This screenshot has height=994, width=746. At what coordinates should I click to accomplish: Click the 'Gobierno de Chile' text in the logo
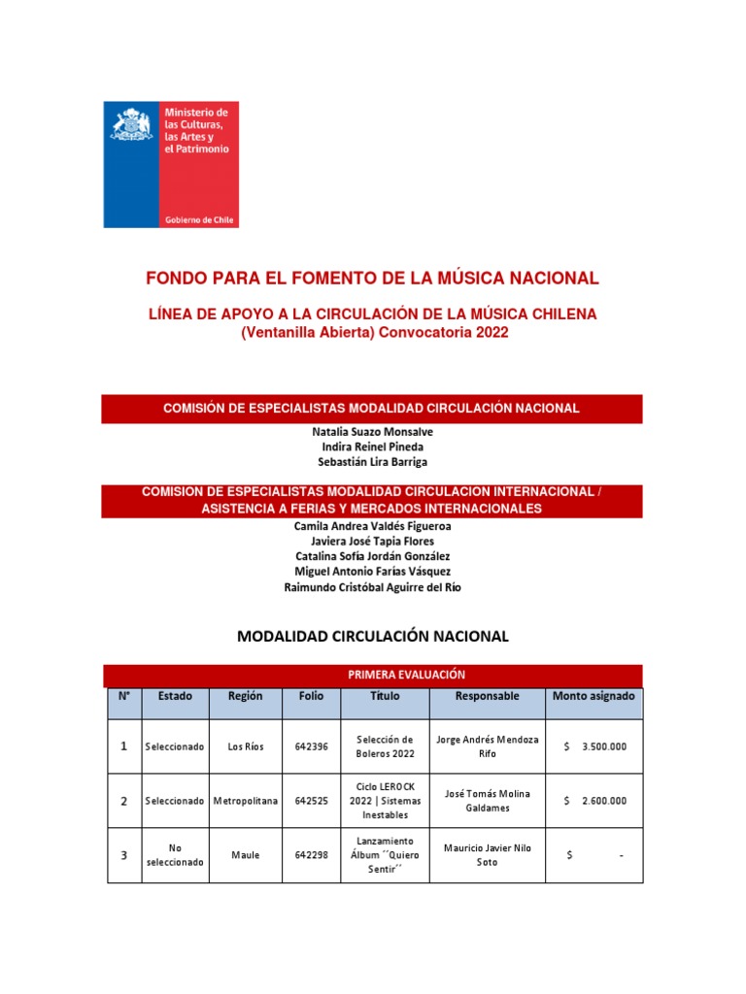pyautogui.click(x=198, y=220)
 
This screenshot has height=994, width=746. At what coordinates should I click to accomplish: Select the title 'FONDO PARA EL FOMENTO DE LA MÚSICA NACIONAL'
pyautogui.click(x=372, y=279)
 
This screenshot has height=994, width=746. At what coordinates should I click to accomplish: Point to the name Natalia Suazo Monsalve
pyautogui.click(x=372, y=429)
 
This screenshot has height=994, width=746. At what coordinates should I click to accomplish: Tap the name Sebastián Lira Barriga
pyautogui.click(x=372, y=462)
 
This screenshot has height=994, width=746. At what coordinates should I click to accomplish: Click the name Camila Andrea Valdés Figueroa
pyautogui.click(x=372, y=525)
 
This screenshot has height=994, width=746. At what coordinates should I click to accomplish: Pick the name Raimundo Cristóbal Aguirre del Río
pyautogui.click(x=372, y=587)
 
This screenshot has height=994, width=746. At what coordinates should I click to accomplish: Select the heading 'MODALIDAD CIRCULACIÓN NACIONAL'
pyautogui.click(x=372, y=637)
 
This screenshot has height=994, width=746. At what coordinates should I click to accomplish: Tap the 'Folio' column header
pyautogui.click(x=311, y=696)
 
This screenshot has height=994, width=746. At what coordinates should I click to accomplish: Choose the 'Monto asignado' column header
pyautogui.click(x=593, y=696)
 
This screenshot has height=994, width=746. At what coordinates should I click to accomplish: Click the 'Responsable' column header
pyautogui.click(x=488, y=696)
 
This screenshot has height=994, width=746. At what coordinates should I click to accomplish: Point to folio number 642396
pyautogui.click(x=311, y=746)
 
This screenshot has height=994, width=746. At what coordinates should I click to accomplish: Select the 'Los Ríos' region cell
pyautogui.click(x=246, y=746)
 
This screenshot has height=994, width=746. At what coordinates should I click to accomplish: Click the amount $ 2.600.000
pyautogui.click(x=594, y=801)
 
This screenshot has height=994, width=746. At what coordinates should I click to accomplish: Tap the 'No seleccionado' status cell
pyautogui.click(x=175, y=855)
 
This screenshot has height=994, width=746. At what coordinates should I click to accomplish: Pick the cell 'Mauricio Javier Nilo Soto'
pyautogui.click(x=488, y=855)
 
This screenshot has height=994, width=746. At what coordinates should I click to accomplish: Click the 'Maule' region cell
pyautogui.click(x=246, y=855)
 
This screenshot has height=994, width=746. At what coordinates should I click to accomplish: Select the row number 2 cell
pyautogui.click(x=123, y=801)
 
